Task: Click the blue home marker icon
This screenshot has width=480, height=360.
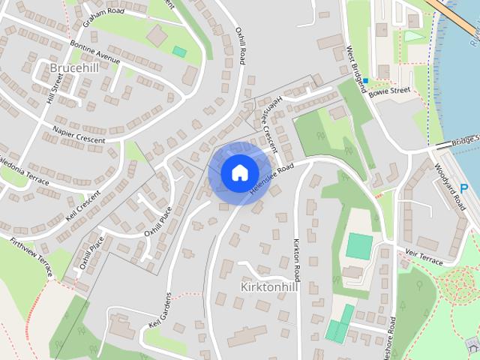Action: tap(239, 172)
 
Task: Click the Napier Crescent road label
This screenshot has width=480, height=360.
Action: tap(79, 134)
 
